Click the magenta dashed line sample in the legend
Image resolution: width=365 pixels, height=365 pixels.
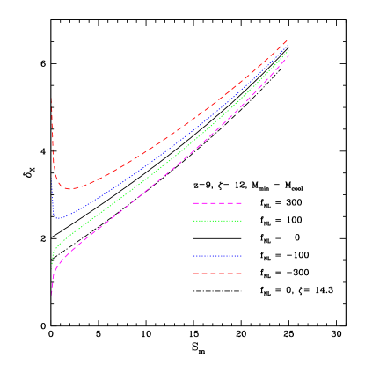pos(217,203)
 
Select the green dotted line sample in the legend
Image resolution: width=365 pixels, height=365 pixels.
pos(217,221)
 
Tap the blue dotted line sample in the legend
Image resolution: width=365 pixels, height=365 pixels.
pos(217,256)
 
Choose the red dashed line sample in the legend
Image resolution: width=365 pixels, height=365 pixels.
pos(217,274)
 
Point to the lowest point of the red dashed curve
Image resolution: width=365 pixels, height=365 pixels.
pos(70,189)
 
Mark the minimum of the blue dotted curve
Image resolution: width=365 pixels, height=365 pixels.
pos(56,217)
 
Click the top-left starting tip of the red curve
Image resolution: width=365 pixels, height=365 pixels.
pos(52,99)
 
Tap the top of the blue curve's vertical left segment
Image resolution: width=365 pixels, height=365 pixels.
pos(52,179)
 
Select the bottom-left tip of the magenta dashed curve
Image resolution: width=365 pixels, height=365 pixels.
pos(52,294)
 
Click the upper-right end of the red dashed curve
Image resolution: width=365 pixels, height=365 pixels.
pos(288,40)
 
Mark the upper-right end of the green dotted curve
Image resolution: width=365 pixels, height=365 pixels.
pos(288,51)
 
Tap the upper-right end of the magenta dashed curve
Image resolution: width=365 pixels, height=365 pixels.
pos(288,57)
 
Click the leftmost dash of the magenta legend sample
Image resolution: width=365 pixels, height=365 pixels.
pos(197,203)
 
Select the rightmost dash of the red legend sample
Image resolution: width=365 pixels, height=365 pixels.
pos(237,274)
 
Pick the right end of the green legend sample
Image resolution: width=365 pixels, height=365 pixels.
pos(241,221)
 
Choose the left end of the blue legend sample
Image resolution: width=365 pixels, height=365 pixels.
pos(194,256)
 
